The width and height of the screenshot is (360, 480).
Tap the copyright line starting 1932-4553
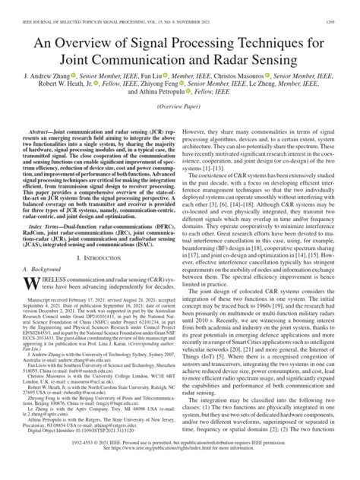pos(180,460)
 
